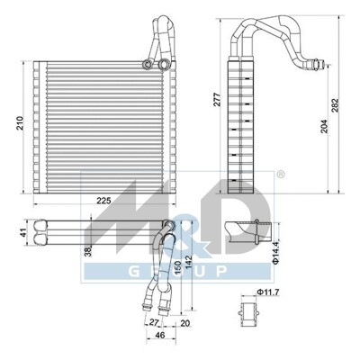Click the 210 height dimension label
pyautogui.click(x=20, y=122)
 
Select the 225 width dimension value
pyautogui.click(x=103, y=201)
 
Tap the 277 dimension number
pyautogui.click(x=217, y=100)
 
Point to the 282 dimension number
pyautogui.click(x=335, y=105)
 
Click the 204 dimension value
pyautogui.click(x=324, y=127)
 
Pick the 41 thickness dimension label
pyautogui.click(x=23, y=233)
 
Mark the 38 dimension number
pyautogui.click(x=88, y=251)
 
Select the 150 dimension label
pyautogui.click(x=177, y=268)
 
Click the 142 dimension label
pyautogui.click(x=188, y=263)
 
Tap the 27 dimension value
pyautogui.click(x=154, y=322)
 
